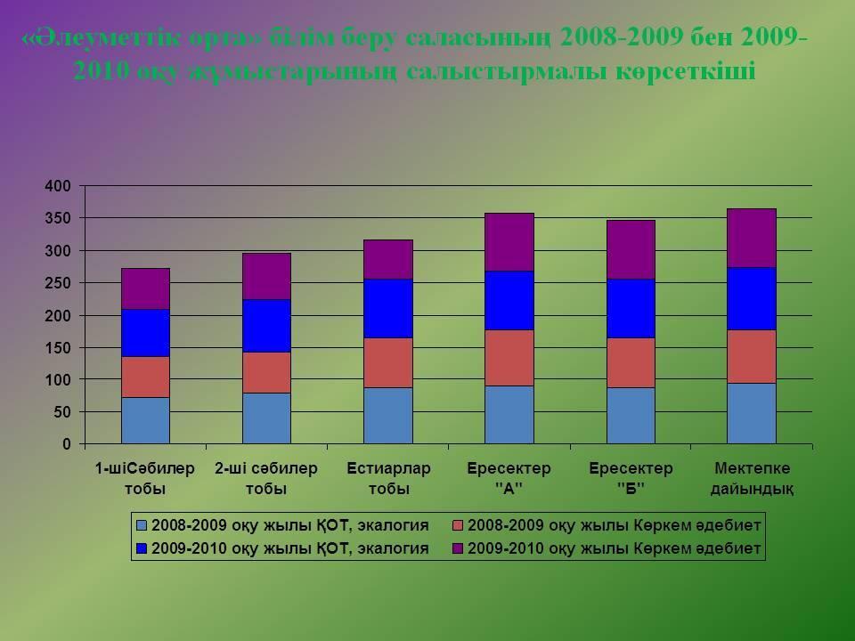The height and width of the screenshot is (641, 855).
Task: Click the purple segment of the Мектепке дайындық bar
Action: (x=751, y=238)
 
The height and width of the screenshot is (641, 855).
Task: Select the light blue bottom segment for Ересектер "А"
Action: (x=509, y=414)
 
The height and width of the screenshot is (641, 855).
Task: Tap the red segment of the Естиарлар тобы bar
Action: (x=388, y=362)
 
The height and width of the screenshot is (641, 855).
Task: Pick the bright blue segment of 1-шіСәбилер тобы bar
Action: (x=145, y=332)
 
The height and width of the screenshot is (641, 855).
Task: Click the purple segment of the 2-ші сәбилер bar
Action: (x=267, y=276)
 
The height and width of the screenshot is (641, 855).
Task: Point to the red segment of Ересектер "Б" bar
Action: (x=631, y=362)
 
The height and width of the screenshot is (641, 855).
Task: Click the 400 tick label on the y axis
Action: (x=58, y=186)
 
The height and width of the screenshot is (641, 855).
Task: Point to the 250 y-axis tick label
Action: (x=58, y=283)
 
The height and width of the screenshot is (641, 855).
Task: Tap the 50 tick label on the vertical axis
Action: (x=61, y=412)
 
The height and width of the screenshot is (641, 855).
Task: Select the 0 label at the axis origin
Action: (x=66, y=444)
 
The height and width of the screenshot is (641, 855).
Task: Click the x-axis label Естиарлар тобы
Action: (x=388, y=478)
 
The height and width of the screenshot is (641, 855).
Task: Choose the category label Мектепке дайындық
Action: (x=752, y=478)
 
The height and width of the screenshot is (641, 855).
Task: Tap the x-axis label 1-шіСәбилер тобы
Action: (x=145, y=478)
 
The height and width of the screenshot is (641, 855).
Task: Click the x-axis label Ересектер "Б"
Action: (x=631, y=478)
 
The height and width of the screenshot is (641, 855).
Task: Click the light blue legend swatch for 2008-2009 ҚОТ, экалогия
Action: (x=142, y=526)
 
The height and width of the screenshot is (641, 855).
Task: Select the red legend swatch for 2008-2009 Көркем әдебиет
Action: (x=457, y=526)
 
